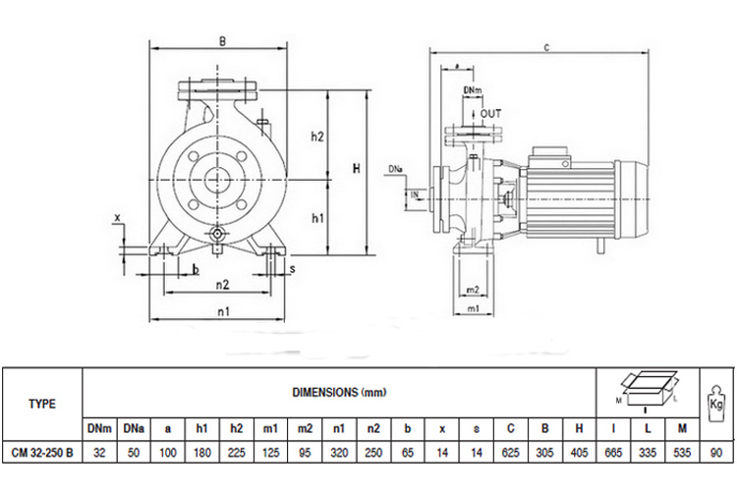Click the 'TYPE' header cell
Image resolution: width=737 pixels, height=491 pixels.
click(x=42, y=403)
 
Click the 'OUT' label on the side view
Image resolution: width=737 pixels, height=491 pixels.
click(x=490, y=115)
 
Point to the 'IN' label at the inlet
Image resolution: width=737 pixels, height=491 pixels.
click(x=415, y=196)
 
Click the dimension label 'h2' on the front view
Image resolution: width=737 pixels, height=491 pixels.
click(x=317, y=137)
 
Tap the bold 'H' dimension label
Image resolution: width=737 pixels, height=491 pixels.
click(x=358, y=170)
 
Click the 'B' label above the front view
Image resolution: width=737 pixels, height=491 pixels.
click(x=222, y=41)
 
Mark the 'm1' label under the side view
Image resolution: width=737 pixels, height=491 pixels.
click(x=473, y=309)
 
